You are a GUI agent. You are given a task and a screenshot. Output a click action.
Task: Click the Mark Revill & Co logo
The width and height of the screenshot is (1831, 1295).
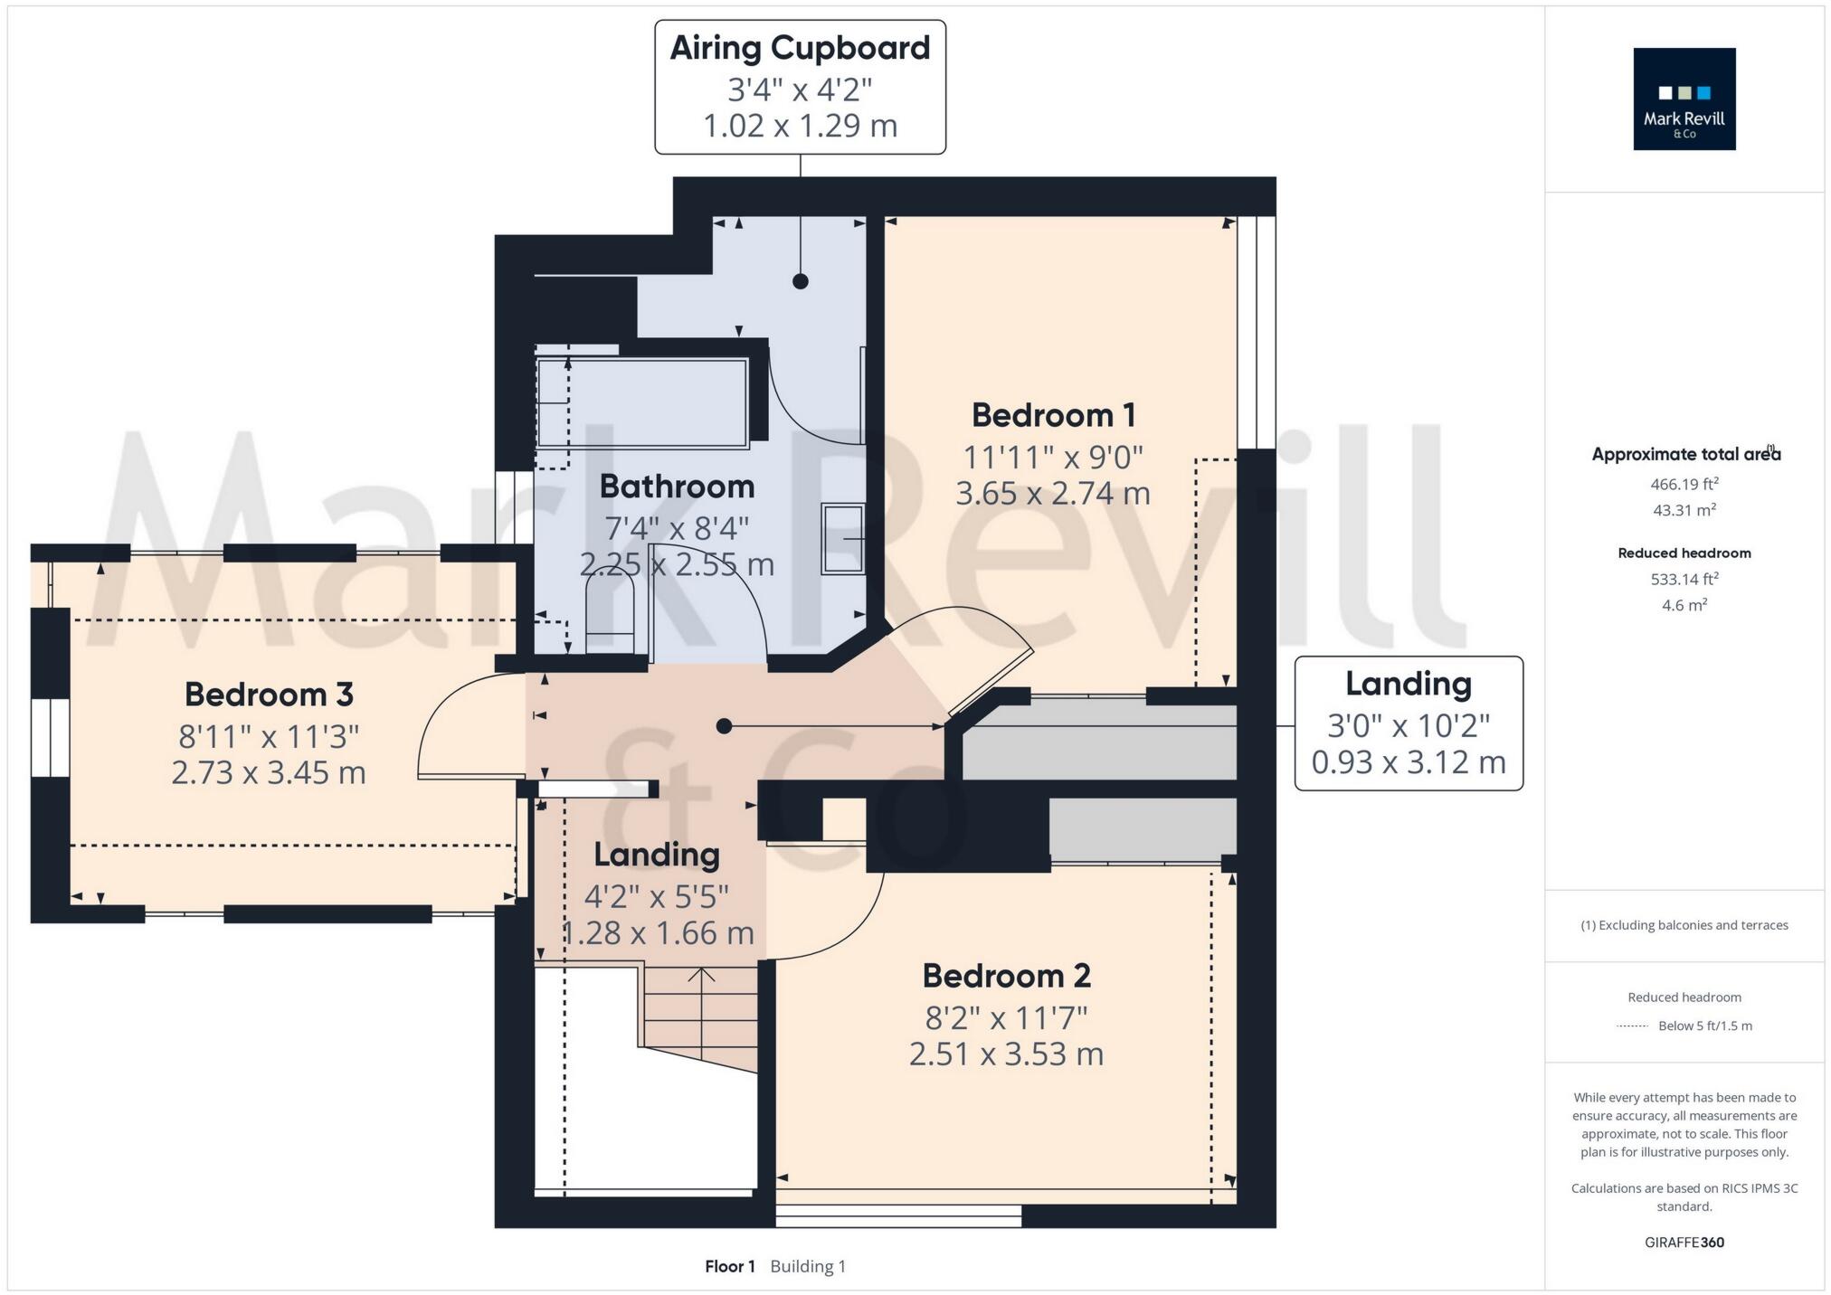[x=1684, y=99]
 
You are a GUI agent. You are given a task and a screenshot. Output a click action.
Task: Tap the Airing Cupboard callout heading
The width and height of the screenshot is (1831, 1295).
[x=800, y=49]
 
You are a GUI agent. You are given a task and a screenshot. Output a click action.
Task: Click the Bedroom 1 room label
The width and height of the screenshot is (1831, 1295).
[x=1053, y=416]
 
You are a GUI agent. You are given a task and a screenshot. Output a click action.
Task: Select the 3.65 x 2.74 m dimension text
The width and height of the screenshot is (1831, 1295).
[x=1053, y=494]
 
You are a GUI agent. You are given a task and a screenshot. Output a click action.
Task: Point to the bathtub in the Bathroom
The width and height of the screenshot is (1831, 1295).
[x=641, y=403]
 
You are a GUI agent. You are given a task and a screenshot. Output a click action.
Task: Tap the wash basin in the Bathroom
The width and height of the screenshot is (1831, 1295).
[x=842, y=539]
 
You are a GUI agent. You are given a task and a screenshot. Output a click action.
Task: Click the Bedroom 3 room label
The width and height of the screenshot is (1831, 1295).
[x=269, y=695]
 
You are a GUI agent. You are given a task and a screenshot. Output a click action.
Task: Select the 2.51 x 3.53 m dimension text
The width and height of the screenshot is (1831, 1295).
[x=1006, y=1054]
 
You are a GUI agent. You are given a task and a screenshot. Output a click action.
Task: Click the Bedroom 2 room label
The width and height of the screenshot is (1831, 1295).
[x=1006, y=977]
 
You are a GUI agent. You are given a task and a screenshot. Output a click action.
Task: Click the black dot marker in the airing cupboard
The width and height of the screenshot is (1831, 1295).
[x=800, y=281]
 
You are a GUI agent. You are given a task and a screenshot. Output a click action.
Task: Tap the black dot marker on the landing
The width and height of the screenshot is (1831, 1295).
[x=724, y=726]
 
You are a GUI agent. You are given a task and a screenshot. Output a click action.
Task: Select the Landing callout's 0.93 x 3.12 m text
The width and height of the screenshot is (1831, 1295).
[x=1408, y=763]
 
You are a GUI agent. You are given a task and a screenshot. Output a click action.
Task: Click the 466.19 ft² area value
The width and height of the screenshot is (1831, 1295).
[x=1684, y=484]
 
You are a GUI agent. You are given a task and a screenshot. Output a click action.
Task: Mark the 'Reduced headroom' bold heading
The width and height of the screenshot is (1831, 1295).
[x=1684, y=553]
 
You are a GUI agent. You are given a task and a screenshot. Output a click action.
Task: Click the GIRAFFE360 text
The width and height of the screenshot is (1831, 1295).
[x=1684, y=1243]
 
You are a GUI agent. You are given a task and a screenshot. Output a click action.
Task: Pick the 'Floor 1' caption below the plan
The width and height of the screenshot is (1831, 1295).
[x=729, y=1266]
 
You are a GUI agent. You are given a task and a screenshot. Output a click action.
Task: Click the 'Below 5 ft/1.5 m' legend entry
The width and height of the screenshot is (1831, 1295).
[x=1704, y=1026]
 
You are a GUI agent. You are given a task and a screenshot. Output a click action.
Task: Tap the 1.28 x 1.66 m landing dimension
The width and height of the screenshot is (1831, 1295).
[x=657, y=933]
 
